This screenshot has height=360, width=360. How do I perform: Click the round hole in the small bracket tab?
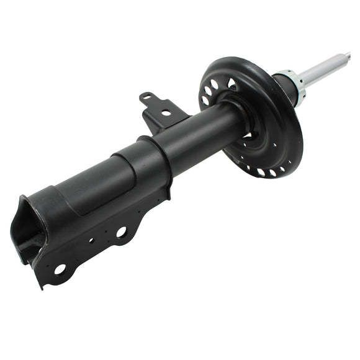(x=165, y=112)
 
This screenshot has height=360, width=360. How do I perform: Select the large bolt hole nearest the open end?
(x=60, y=269)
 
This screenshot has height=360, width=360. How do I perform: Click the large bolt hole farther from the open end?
(x=121, y=232)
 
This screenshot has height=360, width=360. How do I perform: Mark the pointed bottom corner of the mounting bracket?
(x=42, y=286)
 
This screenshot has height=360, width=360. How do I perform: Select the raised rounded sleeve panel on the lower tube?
(x=99, y=183)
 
